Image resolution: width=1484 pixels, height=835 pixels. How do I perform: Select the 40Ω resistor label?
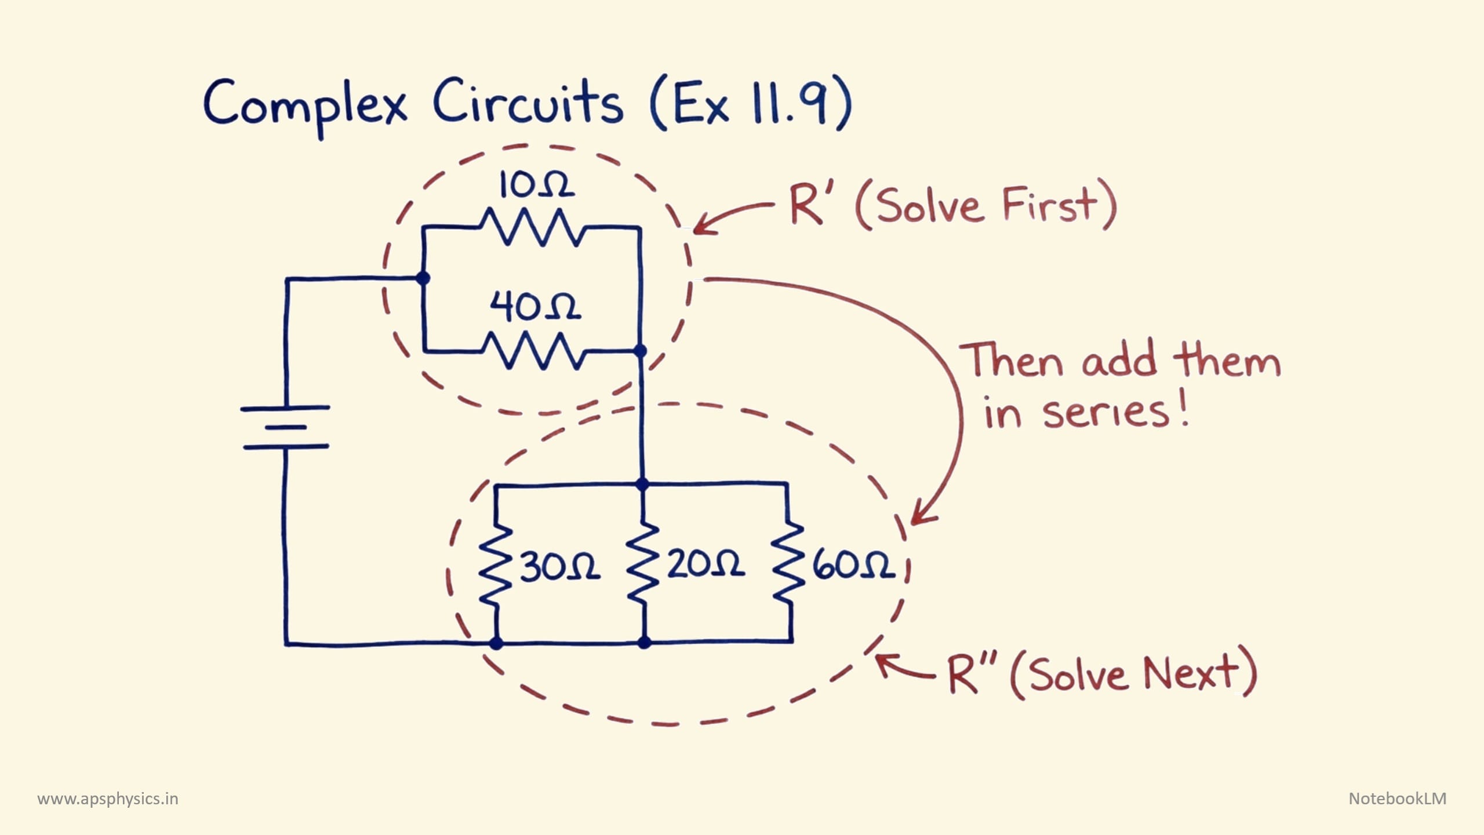(x=534, y=307)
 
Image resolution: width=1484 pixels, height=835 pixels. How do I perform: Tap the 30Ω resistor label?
(x=560, y=566)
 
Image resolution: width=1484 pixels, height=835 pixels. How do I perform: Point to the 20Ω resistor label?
(x=705, y=564)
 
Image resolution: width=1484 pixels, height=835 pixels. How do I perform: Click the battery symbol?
(x=285, y=428)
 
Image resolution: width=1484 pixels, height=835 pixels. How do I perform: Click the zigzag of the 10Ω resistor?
(x=532, y=227)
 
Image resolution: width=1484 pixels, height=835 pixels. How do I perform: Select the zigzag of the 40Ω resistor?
(x=532, y=350)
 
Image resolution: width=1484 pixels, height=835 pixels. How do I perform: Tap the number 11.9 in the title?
(x=791, y=103)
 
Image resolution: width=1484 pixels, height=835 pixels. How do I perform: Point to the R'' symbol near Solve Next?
(x=970, y=675)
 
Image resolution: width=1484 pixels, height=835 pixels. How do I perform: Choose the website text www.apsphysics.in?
(x=108, y=799)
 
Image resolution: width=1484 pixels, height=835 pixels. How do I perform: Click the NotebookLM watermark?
(x=1397, y=798)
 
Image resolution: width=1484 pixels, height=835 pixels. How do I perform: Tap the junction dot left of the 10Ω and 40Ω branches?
(x=423, y=278)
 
